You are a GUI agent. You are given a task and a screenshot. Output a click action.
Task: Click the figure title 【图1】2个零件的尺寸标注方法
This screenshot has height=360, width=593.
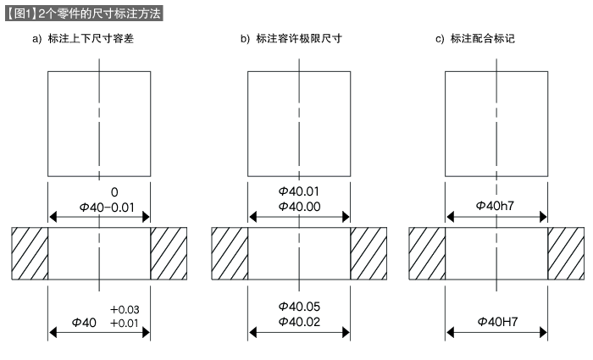tap(82, 14)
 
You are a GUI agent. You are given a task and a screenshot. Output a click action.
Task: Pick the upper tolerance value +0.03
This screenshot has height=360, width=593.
tap(125, 309)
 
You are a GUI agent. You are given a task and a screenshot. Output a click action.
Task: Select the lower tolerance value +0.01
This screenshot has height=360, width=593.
tap(125, 323)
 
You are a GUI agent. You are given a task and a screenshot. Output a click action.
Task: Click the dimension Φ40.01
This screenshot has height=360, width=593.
tap(298, 191)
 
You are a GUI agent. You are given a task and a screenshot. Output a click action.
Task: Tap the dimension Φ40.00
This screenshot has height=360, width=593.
tap(298, 206)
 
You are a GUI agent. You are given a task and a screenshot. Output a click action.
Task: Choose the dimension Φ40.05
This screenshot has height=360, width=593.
tap(298, 306)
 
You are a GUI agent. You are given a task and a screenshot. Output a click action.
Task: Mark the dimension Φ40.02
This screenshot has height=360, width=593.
tap(298, 322)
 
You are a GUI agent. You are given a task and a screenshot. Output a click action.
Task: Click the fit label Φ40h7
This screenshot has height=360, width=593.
tap(496, 206)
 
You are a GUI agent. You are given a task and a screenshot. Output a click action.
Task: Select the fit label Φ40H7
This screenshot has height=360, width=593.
tap(496, 322)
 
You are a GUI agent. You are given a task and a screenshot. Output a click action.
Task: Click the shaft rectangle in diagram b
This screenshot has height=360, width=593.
tap(298, 124)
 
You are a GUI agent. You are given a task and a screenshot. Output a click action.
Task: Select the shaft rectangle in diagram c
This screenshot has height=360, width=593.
tap(496, 124)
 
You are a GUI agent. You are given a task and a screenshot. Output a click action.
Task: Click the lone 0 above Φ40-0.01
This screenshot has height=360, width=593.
tap(102, 192)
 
